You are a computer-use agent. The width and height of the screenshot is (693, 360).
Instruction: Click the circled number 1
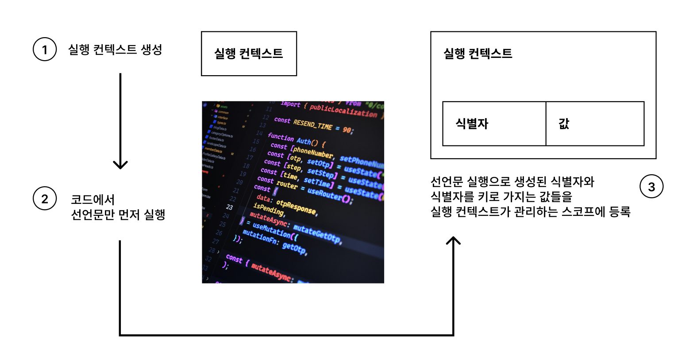pos(45,49)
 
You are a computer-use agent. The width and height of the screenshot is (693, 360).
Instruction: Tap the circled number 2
pos(45,199)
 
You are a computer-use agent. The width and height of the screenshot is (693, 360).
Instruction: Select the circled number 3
pos(651,187)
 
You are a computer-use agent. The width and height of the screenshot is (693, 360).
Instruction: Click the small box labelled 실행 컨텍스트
pos(249,54)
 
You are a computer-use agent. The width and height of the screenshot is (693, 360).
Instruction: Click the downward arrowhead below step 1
pos(120,165)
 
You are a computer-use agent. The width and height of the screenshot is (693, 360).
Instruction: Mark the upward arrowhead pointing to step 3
pos(453,241)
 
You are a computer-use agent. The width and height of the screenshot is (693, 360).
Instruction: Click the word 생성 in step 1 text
pos(151,49)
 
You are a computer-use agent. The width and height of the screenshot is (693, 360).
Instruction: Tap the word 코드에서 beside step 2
pos(93,199)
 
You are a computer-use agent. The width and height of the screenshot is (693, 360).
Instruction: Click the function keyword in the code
pos(281,138)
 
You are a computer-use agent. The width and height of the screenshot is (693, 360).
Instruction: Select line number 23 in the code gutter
pos(229,207)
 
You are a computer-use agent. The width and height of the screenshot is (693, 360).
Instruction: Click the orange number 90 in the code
pos(347,130)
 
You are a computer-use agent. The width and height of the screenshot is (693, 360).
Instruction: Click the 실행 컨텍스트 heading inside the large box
pos(477,54)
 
